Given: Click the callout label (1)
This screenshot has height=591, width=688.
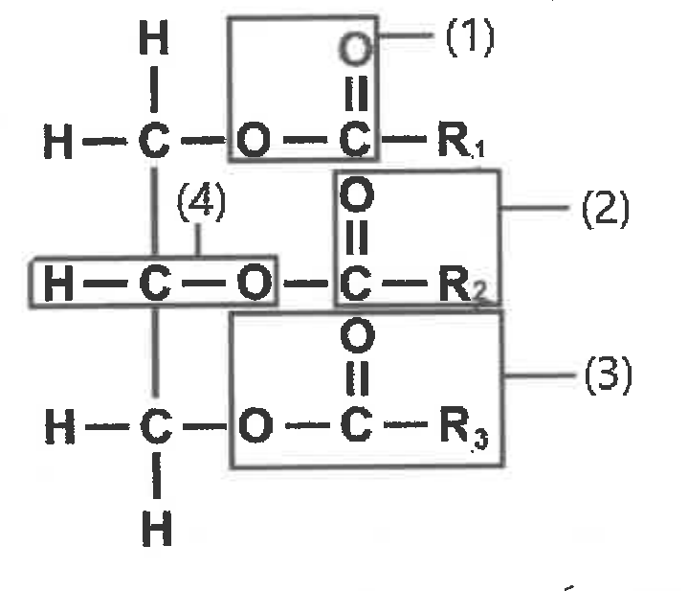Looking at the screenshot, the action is click(x=470, y=37).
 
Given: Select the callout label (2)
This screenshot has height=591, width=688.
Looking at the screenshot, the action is click(x=606, y=209).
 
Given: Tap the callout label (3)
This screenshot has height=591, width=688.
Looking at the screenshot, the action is click(x=609, y=375).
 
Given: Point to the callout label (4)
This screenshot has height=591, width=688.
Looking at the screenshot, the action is click(x=201, y=202).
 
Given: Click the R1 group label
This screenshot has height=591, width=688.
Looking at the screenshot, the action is click(x=461, y=141).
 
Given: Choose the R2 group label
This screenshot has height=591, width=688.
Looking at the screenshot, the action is click(x=463, y=284).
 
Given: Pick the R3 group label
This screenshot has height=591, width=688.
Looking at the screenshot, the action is click(x=464, y=427).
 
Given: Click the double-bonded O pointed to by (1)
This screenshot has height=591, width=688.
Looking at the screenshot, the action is click(x=355, y=49).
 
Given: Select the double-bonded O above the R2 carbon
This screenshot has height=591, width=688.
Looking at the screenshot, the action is click(x=357, y=194).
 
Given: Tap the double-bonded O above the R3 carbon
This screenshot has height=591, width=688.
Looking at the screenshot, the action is click(x=358, y=336).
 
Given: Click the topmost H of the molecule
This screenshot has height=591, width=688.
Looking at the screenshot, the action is click(x=153, y=37).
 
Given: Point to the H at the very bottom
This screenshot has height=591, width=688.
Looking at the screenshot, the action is click(x=157, y=528).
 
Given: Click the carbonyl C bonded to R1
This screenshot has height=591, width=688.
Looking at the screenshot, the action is click(x=354, y=140).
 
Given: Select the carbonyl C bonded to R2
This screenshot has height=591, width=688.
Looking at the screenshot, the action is click(x=355, y=284).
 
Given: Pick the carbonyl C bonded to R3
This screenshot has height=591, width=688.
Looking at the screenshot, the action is click(x=356, y=425).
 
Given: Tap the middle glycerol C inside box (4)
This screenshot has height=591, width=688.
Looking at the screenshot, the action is click(x=155, y=284).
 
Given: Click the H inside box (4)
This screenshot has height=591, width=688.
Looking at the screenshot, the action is click(x=58, y=284).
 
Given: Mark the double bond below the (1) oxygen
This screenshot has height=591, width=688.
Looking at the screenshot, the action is click(x=356, y=94).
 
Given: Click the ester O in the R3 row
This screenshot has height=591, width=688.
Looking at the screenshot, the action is click(x=255, y=425).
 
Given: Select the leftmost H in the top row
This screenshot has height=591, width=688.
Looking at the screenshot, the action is click(x=58, y=141).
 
